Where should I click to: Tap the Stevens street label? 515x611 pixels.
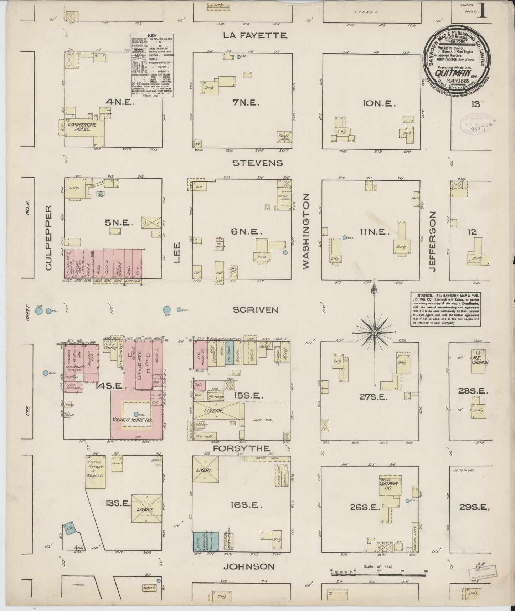[x=258, y=163]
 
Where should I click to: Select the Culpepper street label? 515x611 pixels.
[x=49, y=237]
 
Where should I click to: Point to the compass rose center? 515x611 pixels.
[x=374, y=332]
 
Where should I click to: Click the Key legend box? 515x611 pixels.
[x=152, y=65]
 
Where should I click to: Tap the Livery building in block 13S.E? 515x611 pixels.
[x=145, y=510]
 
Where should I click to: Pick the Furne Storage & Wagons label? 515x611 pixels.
[x=95, y=469]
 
